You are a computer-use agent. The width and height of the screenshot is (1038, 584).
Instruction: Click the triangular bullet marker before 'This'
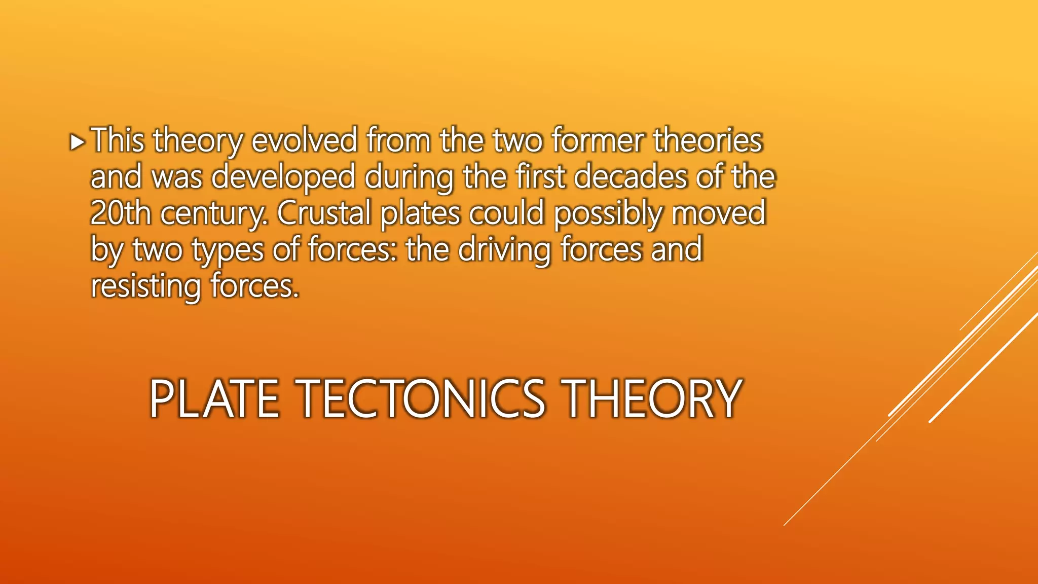click(x=77, y=142)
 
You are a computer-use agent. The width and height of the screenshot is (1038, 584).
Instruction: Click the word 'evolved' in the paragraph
click(x=304, y=140)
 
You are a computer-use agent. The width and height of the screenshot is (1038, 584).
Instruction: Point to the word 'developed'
click(x=283, y=177)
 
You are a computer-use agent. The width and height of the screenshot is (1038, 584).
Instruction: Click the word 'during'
click(x=409, y=178)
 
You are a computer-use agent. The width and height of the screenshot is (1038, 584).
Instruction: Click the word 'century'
click(x=214, y=214)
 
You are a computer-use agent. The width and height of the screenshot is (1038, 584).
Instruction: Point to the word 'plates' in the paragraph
click(x=420, y=214)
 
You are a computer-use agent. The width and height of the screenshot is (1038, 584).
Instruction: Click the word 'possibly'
click(x=608, y=214)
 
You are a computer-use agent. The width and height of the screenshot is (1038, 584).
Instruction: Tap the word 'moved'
click(x=719, y=213)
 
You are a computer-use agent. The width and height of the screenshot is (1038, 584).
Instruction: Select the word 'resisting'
click(x=145, y=286)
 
